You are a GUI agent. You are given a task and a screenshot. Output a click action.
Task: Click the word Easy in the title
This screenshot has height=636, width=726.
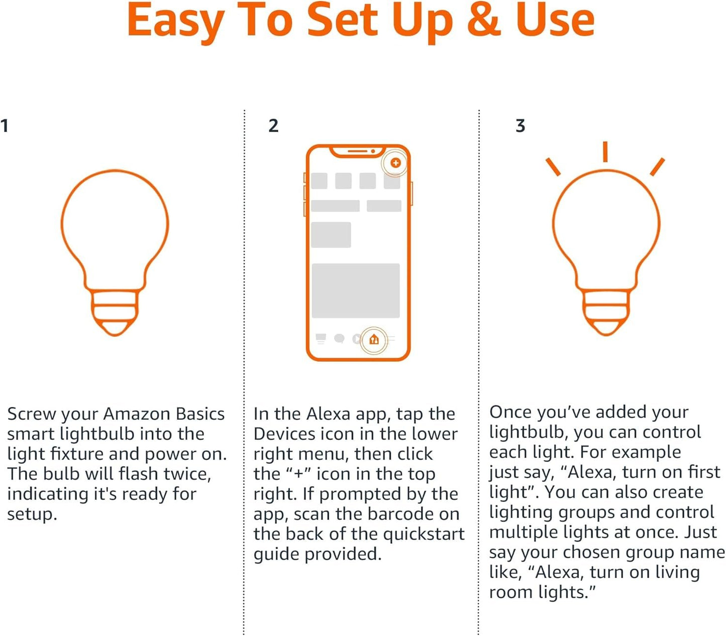click(175, 21)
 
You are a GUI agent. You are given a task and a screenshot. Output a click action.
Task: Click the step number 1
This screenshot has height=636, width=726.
click(5, 126)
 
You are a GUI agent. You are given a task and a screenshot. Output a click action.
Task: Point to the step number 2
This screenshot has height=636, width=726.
click(273, 126)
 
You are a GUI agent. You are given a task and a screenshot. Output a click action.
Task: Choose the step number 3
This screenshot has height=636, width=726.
click(521, 126)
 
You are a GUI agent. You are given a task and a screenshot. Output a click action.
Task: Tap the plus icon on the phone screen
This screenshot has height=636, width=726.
click(395, 163)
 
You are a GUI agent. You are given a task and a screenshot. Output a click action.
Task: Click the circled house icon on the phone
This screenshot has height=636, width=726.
click(373, 340)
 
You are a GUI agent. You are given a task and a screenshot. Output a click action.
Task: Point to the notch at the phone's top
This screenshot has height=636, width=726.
click(357, 151)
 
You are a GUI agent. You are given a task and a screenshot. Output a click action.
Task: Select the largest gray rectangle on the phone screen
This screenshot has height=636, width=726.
click(356, 291)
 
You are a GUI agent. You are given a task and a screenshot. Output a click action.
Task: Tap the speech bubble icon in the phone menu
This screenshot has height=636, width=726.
click(340, 339)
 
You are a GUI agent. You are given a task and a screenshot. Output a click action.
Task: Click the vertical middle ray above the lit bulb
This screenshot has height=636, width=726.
click(605, 152)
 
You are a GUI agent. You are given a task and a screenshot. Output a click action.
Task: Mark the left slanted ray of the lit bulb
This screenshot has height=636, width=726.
click(553, 167)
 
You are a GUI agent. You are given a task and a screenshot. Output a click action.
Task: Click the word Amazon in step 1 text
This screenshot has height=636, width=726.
click(137, 414)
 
